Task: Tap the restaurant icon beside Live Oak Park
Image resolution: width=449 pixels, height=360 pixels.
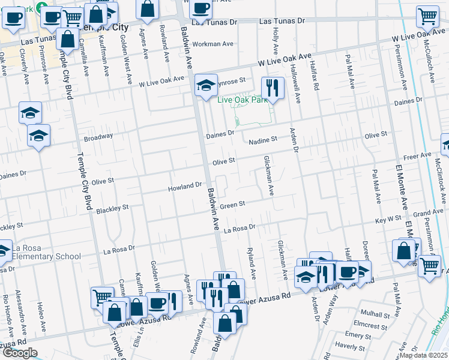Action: (273, 88)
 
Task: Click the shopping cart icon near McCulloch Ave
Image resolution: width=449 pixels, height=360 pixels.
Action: (427, 17)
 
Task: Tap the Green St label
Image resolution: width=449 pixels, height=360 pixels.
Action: (232, 205)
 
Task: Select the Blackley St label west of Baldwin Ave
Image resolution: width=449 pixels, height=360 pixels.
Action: (112, 208)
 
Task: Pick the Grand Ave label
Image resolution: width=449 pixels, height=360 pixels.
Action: (428, 214)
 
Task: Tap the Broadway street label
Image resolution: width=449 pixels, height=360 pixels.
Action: (98, 136)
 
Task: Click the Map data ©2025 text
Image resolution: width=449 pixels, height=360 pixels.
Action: (423, 355)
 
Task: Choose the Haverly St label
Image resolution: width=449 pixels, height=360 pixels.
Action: (350, 346)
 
